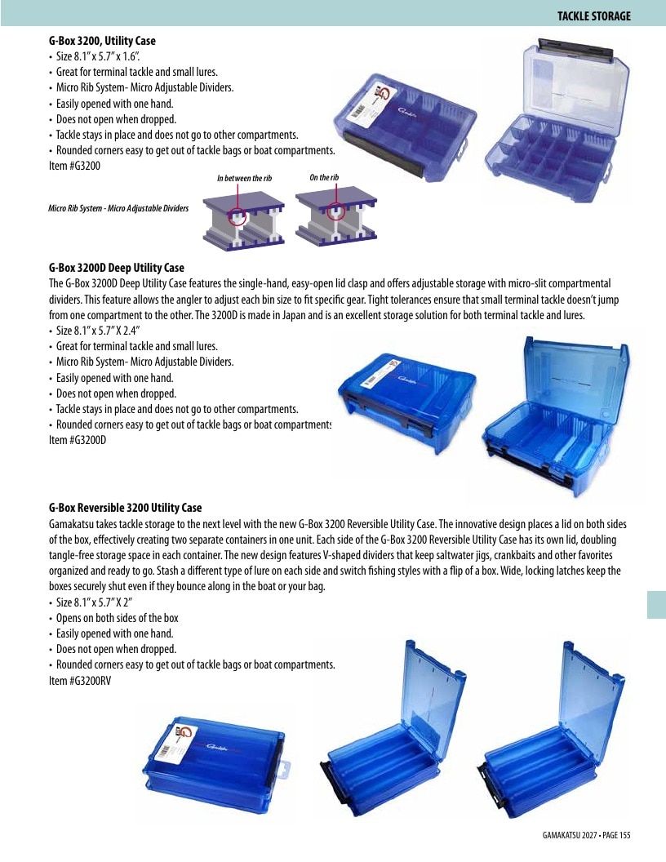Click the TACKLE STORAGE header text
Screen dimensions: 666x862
click(593, 16)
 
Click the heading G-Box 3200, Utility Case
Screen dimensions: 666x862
click(102, 41)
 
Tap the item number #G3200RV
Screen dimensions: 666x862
click(90, 681)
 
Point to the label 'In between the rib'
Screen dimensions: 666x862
click(245, 178)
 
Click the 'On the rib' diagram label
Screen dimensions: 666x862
click(324, 177)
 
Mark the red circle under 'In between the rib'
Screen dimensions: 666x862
click(238, 213)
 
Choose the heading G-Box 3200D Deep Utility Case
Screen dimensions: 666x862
click(117, 268)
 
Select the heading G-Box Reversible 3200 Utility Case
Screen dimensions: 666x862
click(126, 508)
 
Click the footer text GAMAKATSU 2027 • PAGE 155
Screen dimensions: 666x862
click(586, 835)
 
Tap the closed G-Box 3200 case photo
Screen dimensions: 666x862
click(405, 127)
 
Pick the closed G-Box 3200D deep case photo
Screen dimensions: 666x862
click(406, 403)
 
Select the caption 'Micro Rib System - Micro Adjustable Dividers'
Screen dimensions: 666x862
click(118, 208)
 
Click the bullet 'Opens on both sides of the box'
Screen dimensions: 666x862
click(117, 618)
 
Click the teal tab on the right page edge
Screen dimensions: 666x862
click(656, 605)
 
